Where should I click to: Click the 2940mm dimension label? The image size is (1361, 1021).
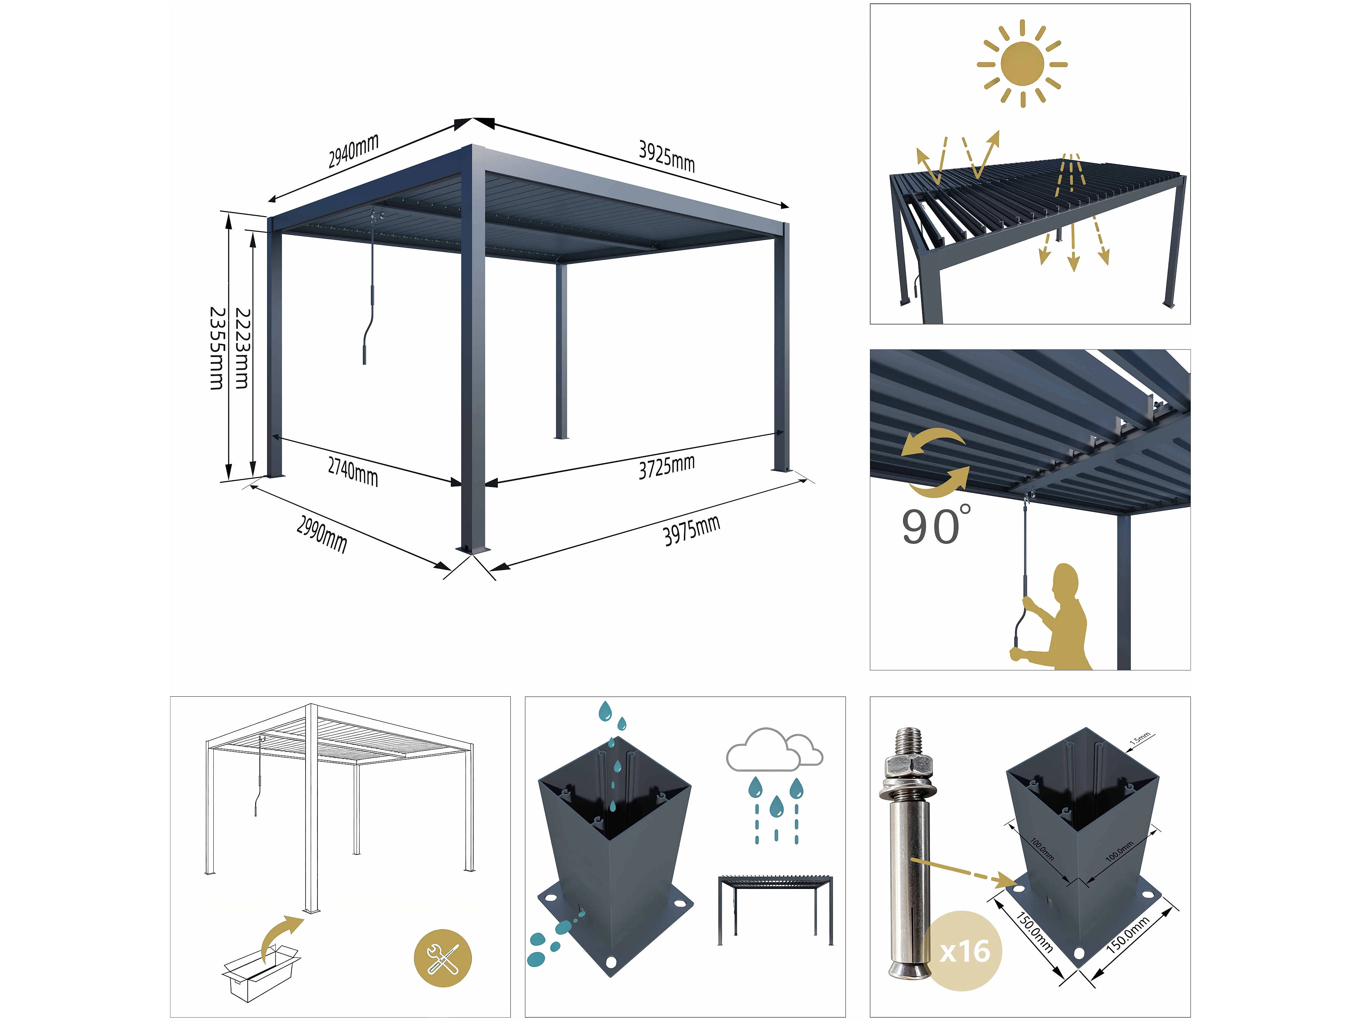point(353,151)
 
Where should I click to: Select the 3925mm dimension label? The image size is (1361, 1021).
point(667,156)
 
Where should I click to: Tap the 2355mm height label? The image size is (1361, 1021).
point(217,349)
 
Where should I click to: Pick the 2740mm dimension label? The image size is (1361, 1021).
point(352,472)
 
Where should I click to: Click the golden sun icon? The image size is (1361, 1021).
point(1022,63)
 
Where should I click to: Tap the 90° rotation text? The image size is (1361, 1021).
point(936,525)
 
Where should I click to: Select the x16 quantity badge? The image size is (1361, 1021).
point(964,951)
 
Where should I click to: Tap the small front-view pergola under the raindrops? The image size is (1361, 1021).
point(775,910)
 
